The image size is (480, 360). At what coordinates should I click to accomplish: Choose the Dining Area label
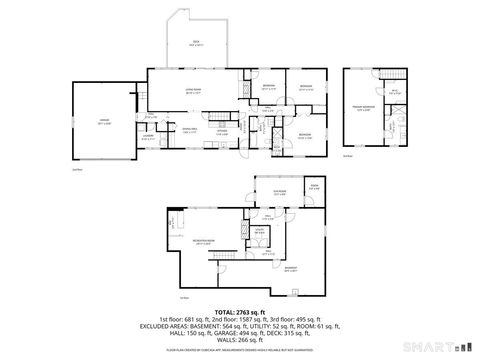point(187,130)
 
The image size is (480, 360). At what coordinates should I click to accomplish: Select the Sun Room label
point(266,193)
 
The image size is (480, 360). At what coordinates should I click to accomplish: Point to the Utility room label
point(258,230)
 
